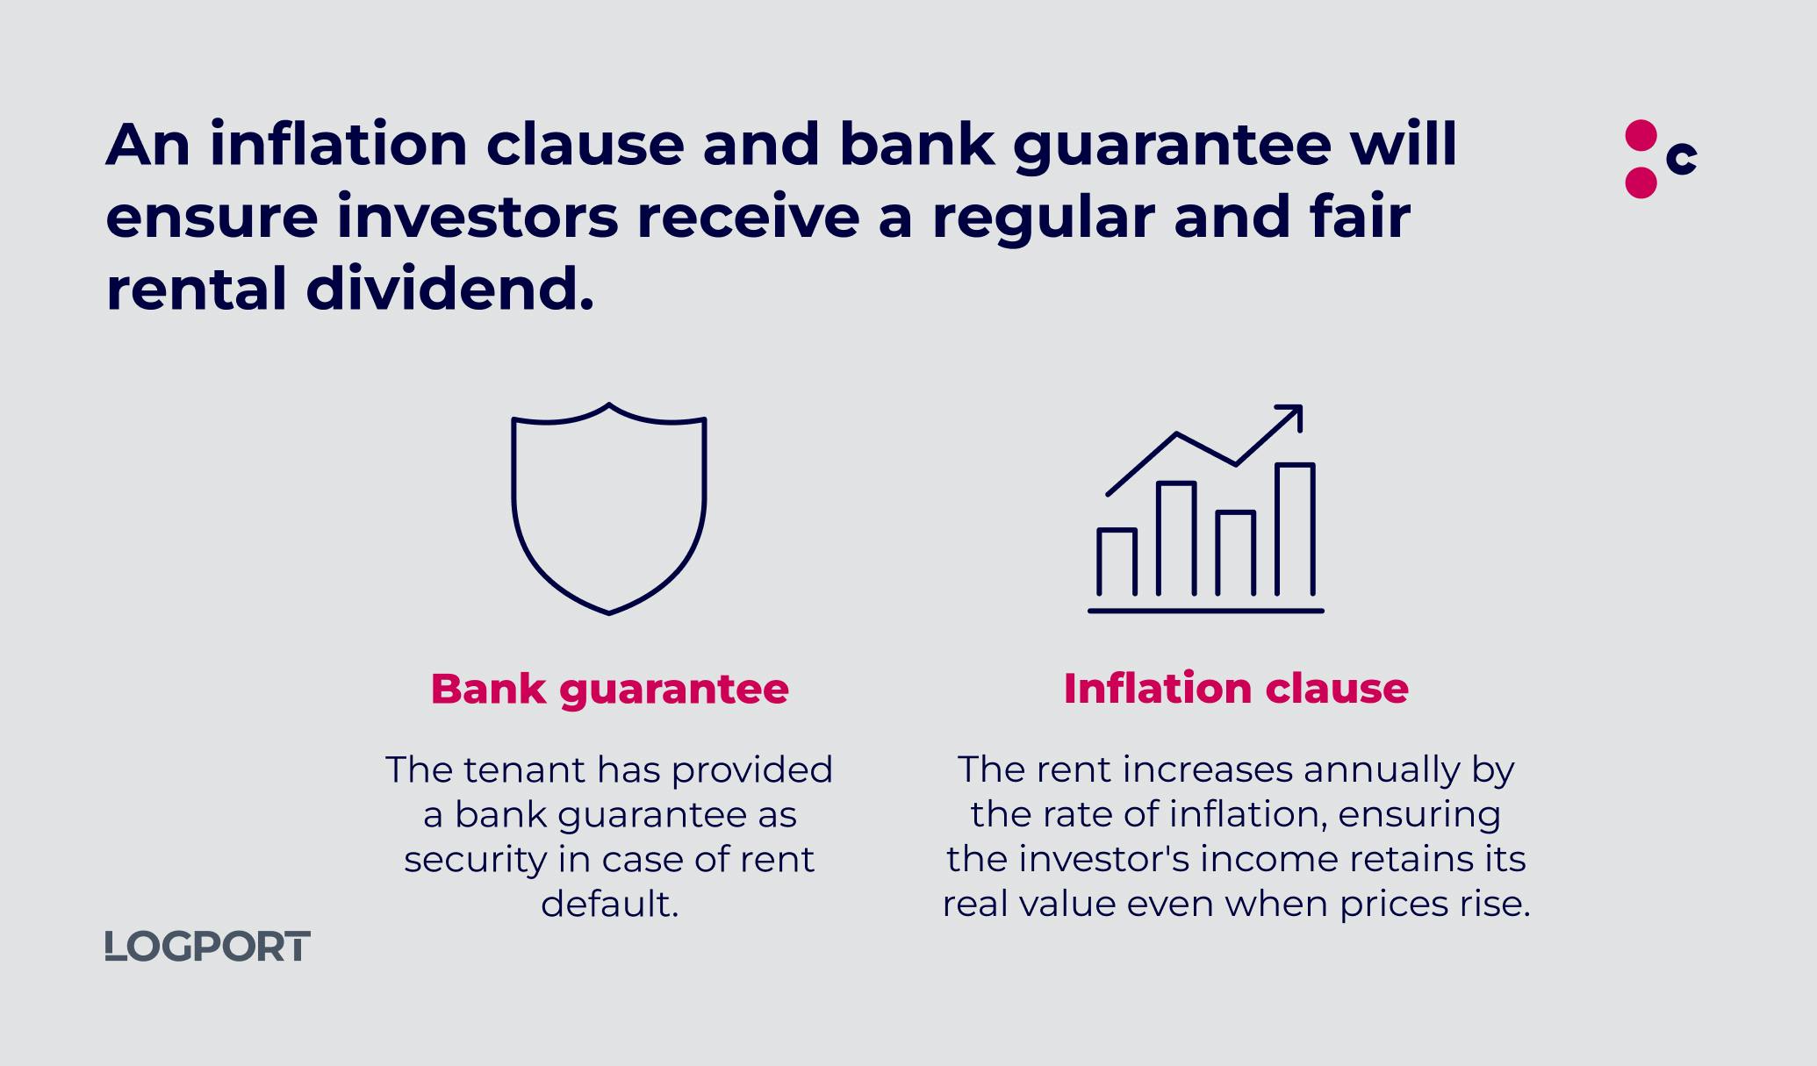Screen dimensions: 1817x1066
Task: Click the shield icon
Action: point(513,509)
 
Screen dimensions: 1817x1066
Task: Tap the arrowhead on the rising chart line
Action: point(1292,415)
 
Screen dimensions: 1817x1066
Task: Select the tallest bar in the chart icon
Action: point(1295,529)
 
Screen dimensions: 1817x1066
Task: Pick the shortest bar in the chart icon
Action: point(1117,562)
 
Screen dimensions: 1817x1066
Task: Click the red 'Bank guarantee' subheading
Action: point(609,689)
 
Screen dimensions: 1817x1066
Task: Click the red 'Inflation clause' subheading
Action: point(1236,688)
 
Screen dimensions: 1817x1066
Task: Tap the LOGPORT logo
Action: point(207,947)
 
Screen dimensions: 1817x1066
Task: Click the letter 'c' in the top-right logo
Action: point(1681,158)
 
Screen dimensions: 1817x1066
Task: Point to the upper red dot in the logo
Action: point(1641,136)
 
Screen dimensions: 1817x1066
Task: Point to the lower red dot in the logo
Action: point(1641,182)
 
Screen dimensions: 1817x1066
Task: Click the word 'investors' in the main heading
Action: point(478,217)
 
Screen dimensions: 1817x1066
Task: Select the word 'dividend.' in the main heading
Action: point(449,290)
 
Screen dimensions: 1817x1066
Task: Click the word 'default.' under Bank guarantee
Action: point(609,904)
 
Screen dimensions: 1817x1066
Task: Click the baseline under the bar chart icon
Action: point(1205,611)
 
